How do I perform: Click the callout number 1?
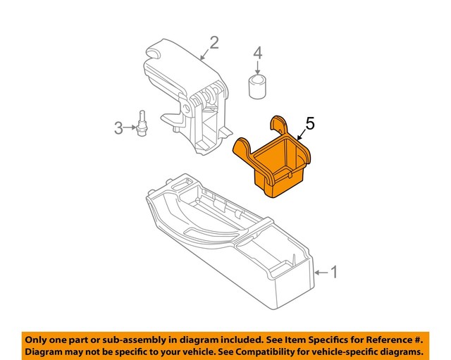pyautogui.click(x=335, y=272)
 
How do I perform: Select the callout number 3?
pyautogui.click(x=118, y=128)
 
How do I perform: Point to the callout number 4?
pyautogui.click(x=258, y=52)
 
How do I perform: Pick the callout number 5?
pyautogui.click(x=310, y=124)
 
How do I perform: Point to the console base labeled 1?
pyautogui.click(x=233, y=247)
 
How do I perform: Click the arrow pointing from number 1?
pyautogui.click(x=321, y=272)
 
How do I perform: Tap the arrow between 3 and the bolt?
pyautogui.click(x=131, y=128)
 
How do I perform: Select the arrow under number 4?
pyautogui.click(x=258, y=68)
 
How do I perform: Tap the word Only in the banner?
pyautogui.click(x=39, y=338)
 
